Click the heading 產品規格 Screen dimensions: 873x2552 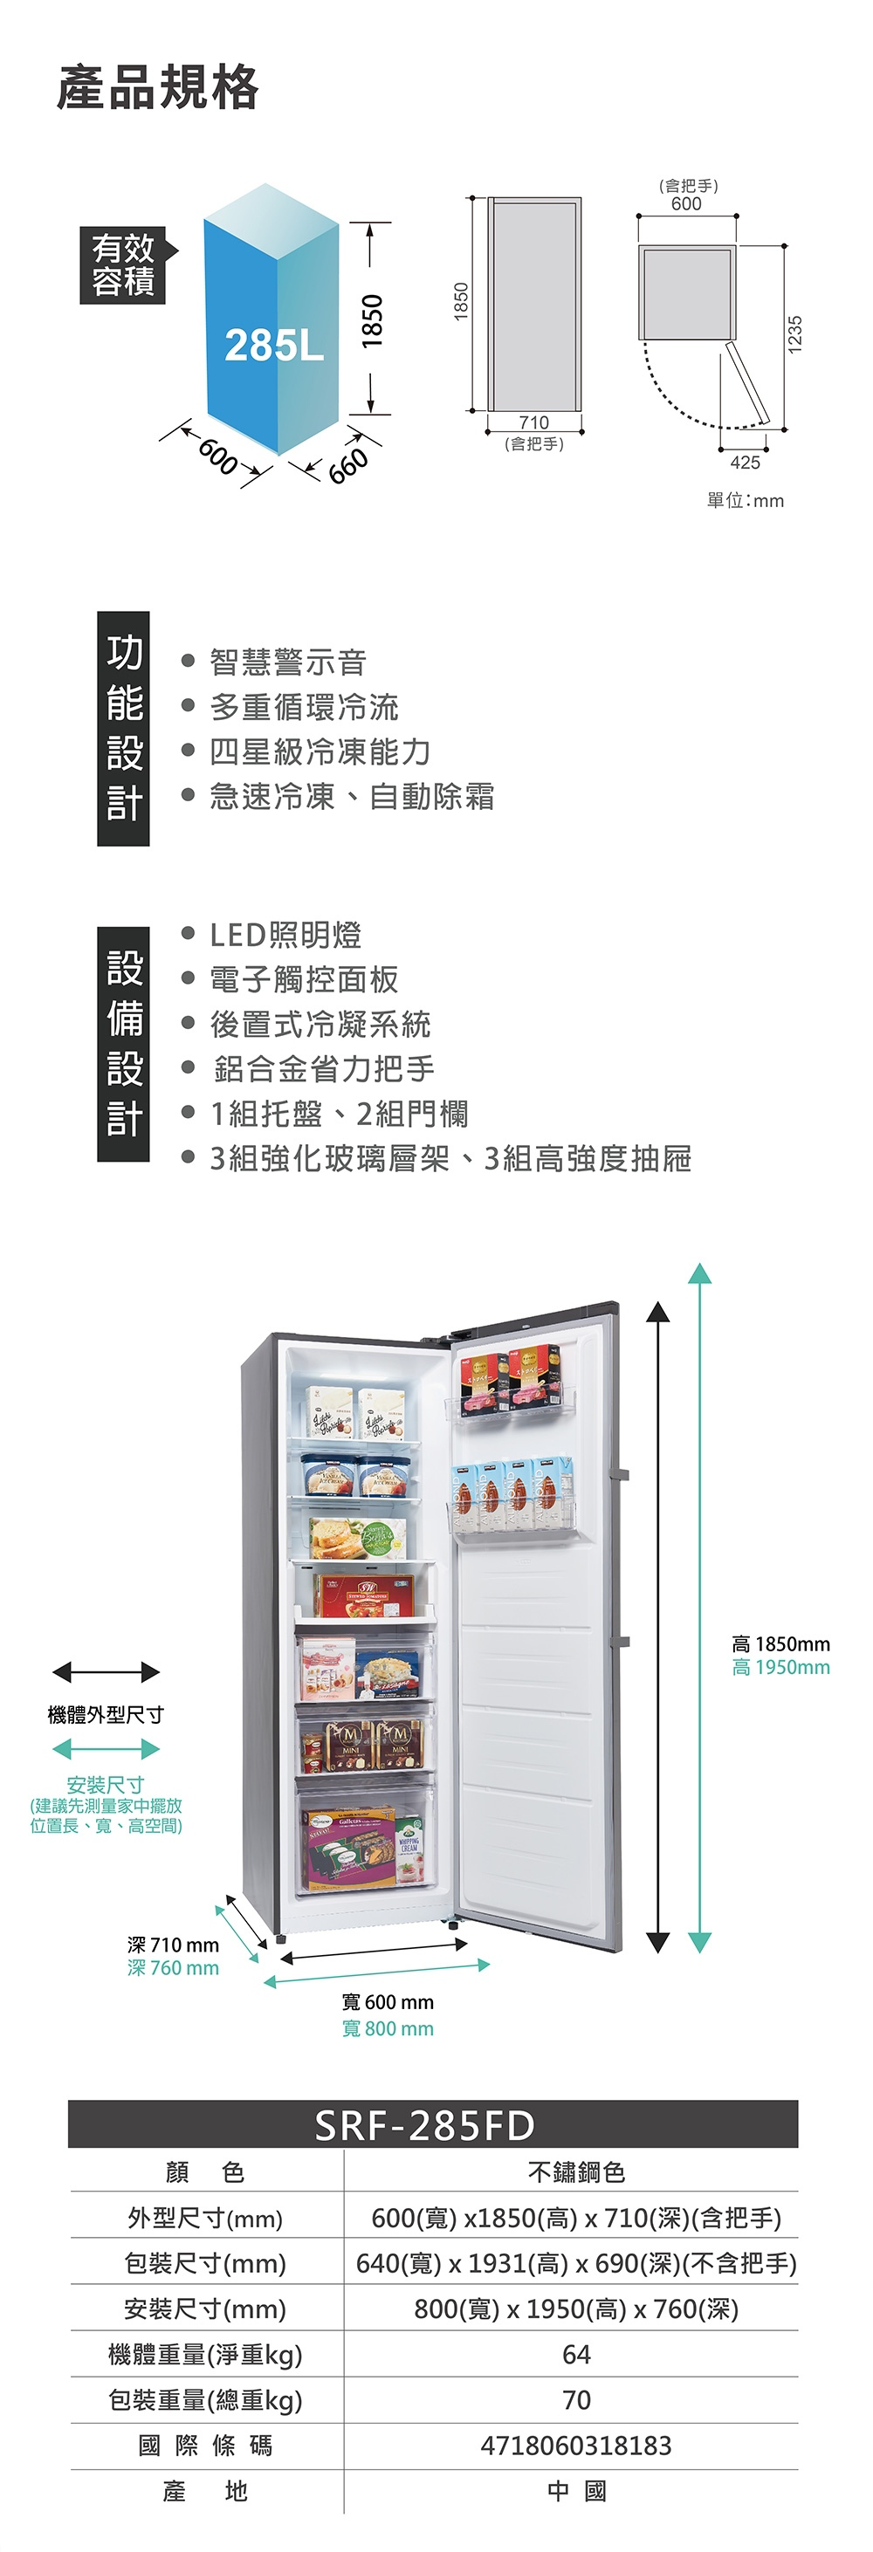click(157, 87)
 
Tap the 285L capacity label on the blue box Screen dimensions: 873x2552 click(273, 345)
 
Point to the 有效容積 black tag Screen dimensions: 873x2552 click(123, 264)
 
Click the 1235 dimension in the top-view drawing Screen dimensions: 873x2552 click(793, 333)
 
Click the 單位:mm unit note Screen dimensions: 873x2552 click(744, 501)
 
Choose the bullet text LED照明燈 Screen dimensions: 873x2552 click(285, 934)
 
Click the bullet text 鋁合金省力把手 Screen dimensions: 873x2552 click(324, 1069)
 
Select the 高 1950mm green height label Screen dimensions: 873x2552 click(780, 1668)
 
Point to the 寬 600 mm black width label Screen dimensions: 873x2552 click(388, 2002)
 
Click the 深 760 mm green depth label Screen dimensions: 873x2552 click(173, 1967)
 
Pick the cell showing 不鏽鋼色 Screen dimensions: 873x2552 click(575, 2172)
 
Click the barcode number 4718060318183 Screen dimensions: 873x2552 click(575, 2446)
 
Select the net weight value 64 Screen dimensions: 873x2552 click(575, 2355)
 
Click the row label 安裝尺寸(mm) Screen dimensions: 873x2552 click(205, 2309)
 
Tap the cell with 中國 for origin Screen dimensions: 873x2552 click(575, 2492)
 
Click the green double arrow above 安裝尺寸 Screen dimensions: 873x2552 click(106, 1748)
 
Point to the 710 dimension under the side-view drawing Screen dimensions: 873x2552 click(533, 423)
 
